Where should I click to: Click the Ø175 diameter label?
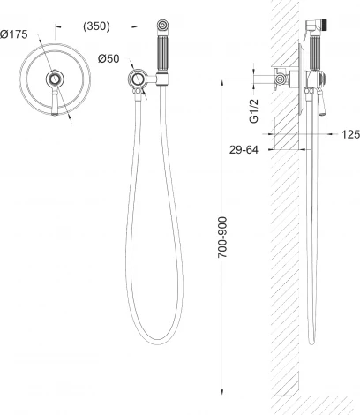tap(14, 34)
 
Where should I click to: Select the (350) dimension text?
tap(96, 26)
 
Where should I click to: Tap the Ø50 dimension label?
tap(109, 59)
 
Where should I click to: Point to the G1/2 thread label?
tap(253, 111)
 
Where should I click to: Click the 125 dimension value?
tap(350, 134)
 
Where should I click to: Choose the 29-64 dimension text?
tap(244, 150)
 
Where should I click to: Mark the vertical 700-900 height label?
tap(222, 238)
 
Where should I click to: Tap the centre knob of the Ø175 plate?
tap(55, 79)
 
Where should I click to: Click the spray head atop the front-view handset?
tap(162, 25)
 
